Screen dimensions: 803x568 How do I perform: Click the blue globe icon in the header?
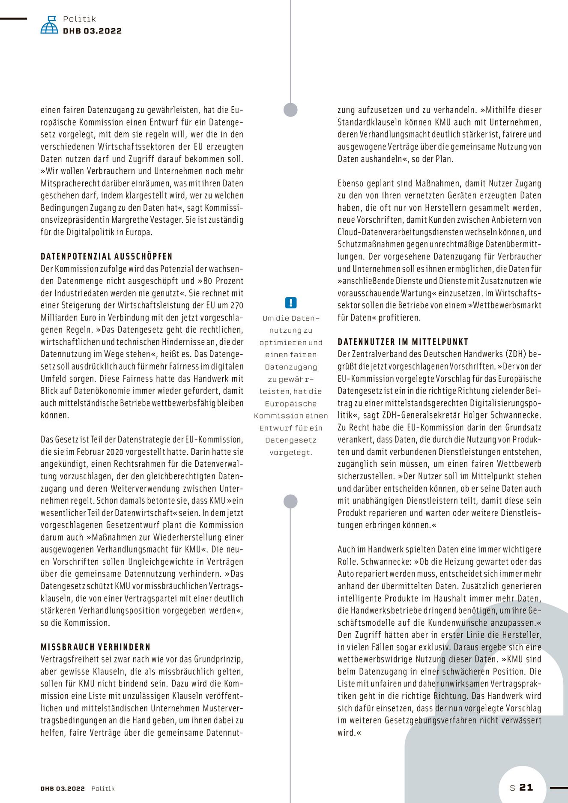click(x=49, y=25)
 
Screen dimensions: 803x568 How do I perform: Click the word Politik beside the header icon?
click(x=79, y=19)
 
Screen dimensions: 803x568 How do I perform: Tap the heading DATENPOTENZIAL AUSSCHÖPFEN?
click(x=107, y=257)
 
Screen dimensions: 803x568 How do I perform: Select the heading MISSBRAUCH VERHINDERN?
click(x=96, y=647)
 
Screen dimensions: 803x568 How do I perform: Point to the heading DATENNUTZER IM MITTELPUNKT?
click(x=403, y=342)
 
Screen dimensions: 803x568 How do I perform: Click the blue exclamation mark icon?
click(x=291, y=303)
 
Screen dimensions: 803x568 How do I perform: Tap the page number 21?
click(x=526, y=787)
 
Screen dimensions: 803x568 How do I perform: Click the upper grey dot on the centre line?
click(x=291, y=110)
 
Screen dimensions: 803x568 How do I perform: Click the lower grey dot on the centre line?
click(x=291, y=501)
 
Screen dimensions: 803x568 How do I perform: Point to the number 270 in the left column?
click(x=236, y=306)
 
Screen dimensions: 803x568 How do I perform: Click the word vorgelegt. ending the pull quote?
click(x=291, y=452)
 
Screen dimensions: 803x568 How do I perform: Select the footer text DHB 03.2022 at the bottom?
click(x=63, y=788)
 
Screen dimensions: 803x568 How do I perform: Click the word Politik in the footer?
click(x=103, y=788)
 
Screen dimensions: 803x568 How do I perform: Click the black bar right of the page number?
click(x=559, y=788)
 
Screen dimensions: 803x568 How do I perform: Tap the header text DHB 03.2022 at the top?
click(x=92, y=31)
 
